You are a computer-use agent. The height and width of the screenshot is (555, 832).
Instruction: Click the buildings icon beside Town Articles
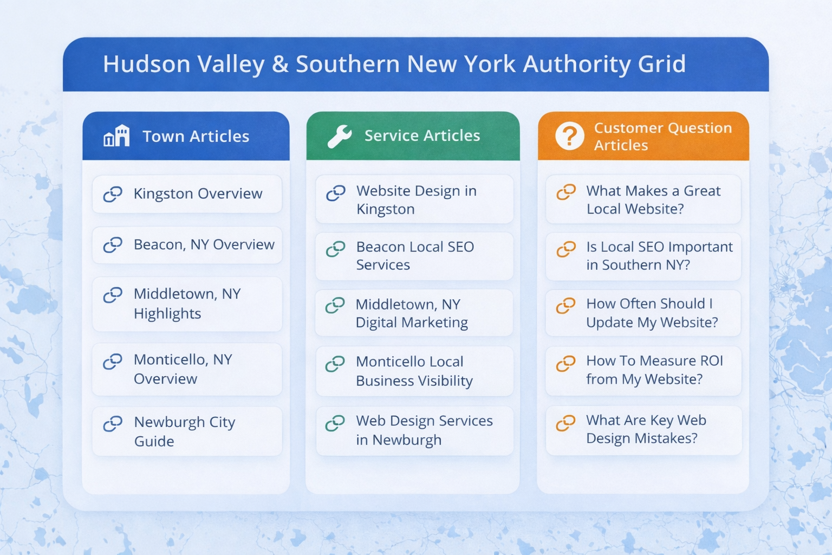116,135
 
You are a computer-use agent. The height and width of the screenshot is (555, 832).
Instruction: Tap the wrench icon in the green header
340,137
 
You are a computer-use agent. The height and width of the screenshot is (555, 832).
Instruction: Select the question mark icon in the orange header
569,136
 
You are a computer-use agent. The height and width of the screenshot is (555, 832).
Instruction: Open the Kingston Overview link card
187,194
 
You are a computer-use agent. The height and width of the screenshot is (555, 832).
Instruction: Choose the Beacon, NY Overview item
187,245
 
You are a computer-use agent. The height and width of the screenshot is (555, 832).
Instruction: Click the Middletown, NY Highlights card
187,304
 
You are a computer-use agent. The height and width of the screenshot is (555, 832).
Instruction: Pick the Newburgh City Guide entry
187,431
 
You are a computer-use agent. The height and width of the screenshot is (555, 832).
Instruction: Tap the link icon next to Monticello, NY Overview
113,362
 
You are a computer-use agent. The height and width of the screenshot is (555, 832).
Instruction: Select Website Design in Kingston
414,199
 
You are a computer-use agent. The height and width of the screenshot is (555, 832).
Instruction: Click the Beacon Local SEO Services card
414,256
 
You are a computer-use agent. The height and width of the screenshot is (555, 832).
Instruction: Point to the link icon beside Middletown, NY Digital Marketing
335,306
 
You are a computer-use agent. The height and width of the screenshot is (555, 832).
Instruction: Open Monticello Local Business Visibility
414,371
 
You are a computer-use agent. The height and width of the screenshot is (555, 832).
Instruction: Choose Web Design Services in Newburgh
414,430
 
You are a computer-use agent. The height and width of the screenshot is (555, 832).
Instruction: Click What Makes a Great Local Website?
643,199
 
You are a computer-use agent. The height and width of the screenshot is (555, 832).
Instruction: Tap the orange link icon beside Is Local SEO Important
566,249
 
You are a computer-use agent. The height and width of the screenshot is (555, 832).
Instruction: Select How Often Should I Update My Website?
643,313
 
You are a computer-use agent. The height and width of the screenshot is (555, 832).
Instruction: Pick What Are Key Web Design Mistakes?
643,430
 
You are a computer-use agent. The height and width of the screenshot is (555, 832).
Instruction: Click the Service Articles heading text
422,135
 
